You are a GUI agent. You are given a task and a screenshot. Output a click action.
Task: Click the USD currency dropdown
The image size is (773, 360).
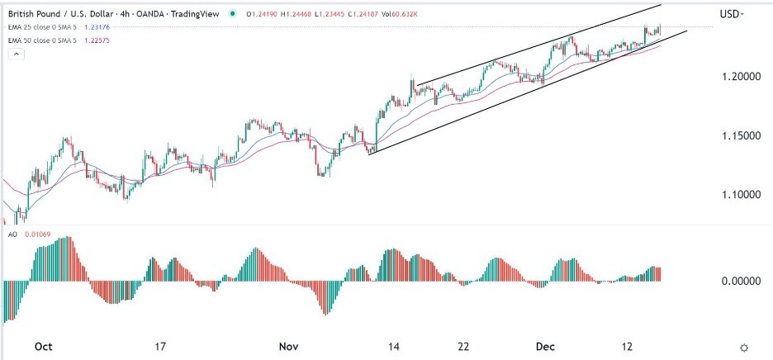pos(731,14)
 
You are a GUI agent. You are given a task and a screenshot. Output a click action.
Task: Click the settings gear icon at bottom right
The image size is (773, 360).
pos(744,347)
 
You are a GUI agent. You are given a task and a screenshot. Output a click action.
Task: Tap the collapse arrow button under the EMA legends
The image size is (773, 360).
pos(16,54)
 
